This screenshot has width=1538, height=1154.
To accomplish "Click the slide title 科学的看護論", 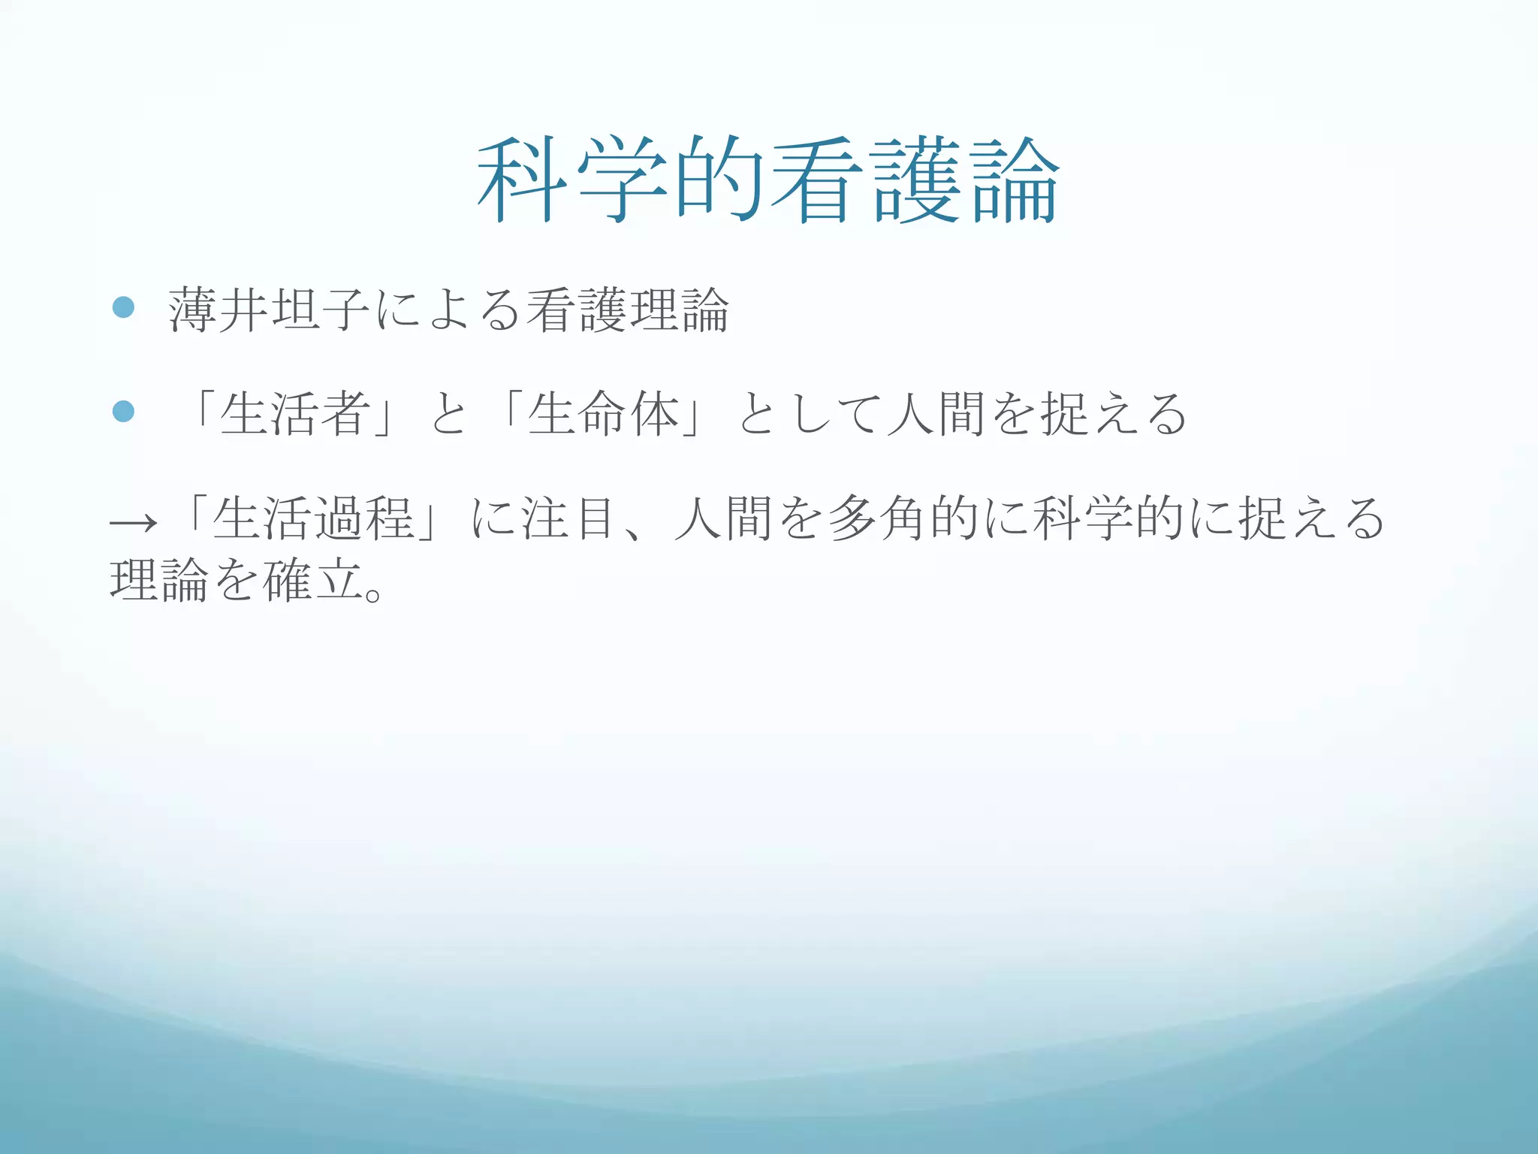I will (768, 180).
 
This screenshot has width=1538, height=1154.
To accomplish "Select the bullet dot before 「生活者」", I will (123, 411).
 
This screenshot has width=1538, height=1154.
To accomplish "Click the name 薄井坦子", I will (269, 310).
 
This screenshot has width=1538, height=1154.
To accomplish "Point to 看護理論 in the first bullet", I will (628, 310).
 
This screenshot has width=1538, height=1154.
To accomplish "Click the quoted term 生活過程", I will (313, 518).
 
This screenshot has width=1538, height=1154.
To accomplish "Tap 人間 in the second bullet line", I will (936, 414).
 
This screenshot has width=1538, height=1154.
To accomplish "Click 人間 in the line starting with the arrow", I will (724, 518).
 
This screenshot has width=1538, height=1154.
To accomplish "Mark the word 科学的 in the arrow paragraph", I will (1108, 518).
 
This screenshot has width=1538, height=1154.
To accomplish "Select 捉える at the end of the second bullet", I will (1114, 414).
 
